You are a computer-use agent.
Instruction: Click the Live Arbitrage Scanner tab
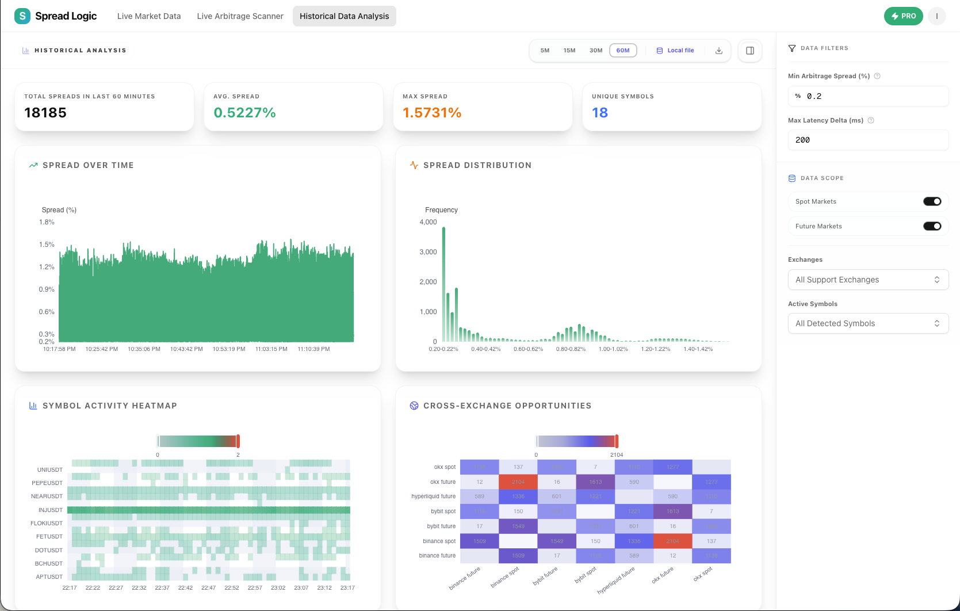click(240, 16)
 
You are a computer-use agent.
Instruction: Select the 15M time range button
click(569, 51)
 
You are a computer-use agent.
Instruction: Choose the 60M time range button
click(623, 51)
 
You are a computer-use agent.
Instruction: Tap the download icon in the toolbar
click(719, 51)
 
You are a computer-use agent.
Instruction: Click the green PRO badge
click(903, 16)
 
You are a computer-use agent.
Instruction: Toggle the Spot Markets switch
click(932, 201)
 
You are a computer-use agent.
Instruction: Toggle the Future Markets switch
click(932, 226)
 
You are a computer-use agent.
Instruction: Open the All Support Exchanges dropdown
click(867, 280)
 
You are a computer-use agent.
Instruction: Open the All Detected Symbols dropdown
click(867, 323)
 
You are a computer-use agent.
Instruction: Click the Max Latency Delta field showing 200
click(867, 140)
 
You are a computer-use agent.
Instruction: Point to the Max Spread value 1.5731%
click(432, 113)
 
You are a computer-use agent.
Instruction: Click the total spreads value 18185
click(45, 113)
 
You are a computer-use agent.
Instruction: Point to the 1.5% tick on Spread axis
click(47, 245)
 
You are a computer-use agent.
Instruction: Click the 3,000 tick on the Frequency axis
click(428, 252)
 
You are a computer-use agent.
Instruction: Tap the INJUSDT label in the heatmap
click(51, 510)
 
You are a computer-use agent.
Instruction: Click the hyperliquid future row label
click(433, 497)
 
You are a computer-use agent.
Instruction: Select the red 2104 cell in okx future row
click(518, 482)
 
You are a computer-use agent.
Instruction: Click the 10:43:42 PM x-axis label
click(186, 349)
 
